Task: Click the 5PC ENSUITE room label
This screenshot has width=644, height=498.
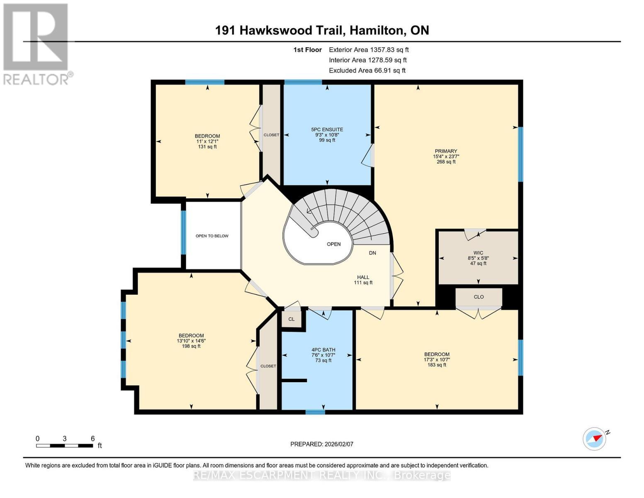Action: pyautogui.click(x=327, y=129)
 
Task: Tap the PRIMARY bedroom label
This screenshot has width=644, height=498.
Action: pyautogui.click(x=446, y=151)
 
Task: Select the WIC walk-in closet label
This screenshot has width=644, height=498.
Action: pyautogui.click(x=478, y=253)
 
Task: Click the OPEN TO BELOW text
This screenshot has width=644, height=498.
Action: pyautogui.click(x=212, y=236)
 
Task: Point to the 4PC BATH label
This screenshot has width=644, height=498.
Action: pyautogui.click(x=323, y=350)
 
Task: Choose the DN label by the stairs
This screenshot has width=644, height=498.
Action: pyautogui.click(x=372, y=253)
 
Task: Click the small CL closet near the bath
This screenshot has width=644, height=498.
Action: pyautogui.click(x=292, y=319)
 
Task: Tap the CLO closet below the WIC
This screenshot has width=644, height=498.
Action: pyautogui.click(x=479, y=297)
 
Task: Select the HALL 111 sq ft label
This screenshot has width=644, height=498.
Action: pyautogui.click(x=363, y=280)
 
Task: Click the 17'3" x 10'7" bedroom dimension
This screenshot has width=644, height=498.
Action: pyautogui.click(x=437, y=360)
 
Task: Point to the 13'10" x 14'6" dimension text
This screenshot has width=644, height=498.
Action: pyautogui.click(x=191, y=341)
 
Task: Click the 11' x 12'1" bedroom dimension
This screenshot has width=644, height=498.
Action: pyautogui.click(x=207, y=142)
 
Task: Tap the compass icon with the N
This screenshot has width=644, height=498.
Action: pyautogui.click(x=595, y=439)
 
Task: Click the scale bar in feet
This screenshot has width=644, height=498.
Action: pyautogui.click(x=64, y=446)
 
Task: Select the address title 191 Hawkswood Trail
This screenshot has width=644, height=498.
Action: pyautogui.click(x=322, y=30)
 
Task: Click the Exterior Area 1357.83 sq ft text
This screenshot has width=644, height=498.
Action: pyautogui.click(x=369, y=49)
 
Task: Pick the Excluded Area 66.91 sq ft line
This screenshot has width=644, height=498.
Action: pyautogui.click(x=367, y=71)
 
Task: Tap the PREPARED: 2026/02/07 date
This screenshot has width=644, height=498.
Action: pyautogui.click(x=321, y=444)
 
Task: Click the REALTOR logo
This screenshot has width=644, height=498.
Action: pyautogui.click(x=36, y=44)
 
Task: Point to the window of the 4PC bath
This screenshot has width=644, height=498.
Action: pyautogui.click(x=315, y=412)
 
